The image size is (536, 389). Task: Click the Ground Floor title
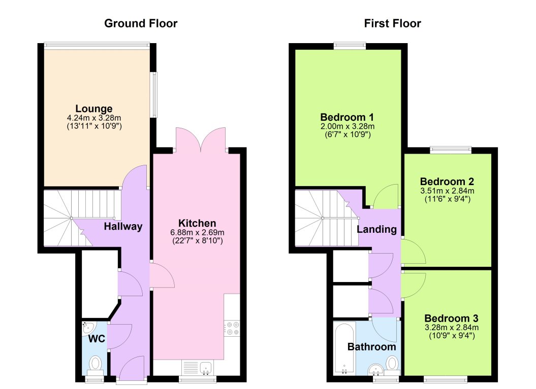click(x=141, y=23)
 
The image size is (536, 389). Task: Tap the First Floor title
click(x=392, y=23)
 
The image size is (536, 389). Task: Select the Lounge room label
click(x=94, y=109)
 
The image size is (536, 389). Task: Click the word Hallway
click(x=123, y=227)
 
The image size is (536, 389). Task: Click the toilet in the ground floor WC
click(x=95, y=363)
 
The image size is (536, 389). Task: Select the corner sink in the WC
click(x=87, y=327)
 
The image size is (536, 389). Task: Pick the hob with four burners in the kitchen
click(x=232, y=328)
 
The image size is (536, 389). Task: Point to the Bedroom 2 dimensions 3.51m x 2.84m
click(x=447, y=191)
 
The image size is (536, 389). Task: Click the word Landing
click(x=376, y=229)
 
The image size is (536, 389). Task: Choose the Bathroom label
click(x=371, y=347)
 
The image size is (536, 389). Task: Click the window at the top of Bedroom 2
click(x=450, y=150)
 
